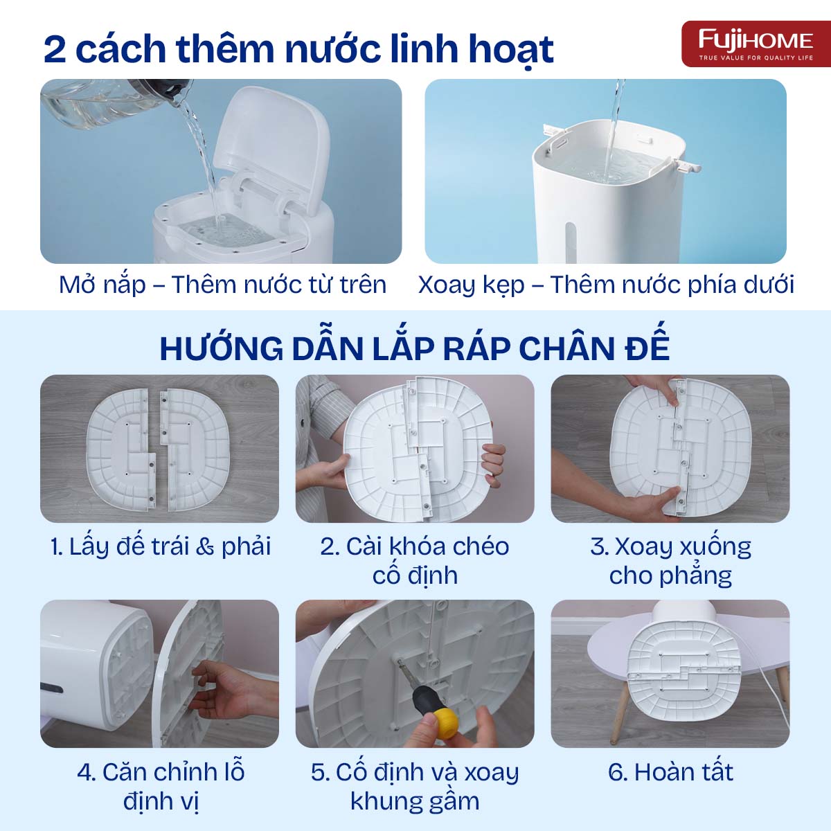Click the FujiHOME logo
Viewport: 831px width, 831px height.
click(756, 43)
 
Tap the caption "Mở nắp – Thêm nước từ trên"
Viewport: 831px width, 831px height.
click(222, 285)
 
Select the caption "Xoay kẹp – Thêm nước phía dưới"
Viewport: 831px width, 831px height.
click(606, 285)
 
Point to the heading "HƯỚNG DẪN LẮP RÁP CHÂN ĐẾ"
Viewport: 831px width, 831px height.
click(414, 348)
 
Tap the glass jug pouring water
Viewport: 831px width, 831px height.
click(104, 104)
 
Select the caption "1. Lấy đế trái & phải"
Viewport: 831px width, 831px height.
click(160, 546)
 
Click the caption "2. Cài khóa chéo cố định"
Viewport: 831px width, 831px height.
click(414, 560)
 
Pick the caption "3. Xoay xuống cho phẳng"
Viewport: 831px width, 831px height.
click(670, 560)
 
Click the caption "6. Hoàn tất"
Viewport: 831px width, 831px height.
click(670, 771)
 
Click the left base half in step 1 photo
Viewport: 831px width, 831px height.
click(119, 448)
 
